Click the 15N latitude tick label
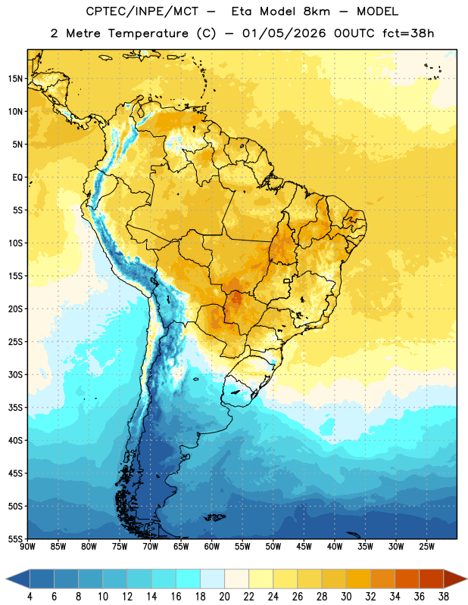(x=15, y=79)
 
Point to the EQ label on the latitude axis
(x=17, y=178)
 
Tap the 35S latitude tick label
(x=15, y=408)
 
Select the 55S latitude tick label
(x=15, y=538)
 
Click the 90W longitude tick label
(x=27, y=546)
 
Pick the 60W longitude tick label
(x=212, y=546)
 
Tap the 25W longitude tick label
(x=426, y=546)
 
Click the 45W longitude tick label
(x=304, y=546)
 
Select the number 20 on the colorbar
(x=224, y=597)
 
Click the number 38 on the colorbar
(x=443, y=597)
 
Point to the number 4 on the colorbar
(x=30, y=597)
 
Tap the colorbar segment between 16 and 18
(x=188, y=579)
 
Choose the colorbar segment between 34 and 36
(x=407, y=579)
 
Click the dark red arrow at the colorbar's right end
(x=454, y=579)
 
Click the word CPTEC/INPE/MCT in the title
(x=142, y=11)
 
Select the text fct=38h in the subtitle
(x=408, y=33)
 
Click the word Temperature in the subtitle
(x=148, y=33)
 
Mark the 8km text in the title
(x=317, y=11)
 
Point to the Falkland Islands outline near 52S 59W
(x=215, y=517)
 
